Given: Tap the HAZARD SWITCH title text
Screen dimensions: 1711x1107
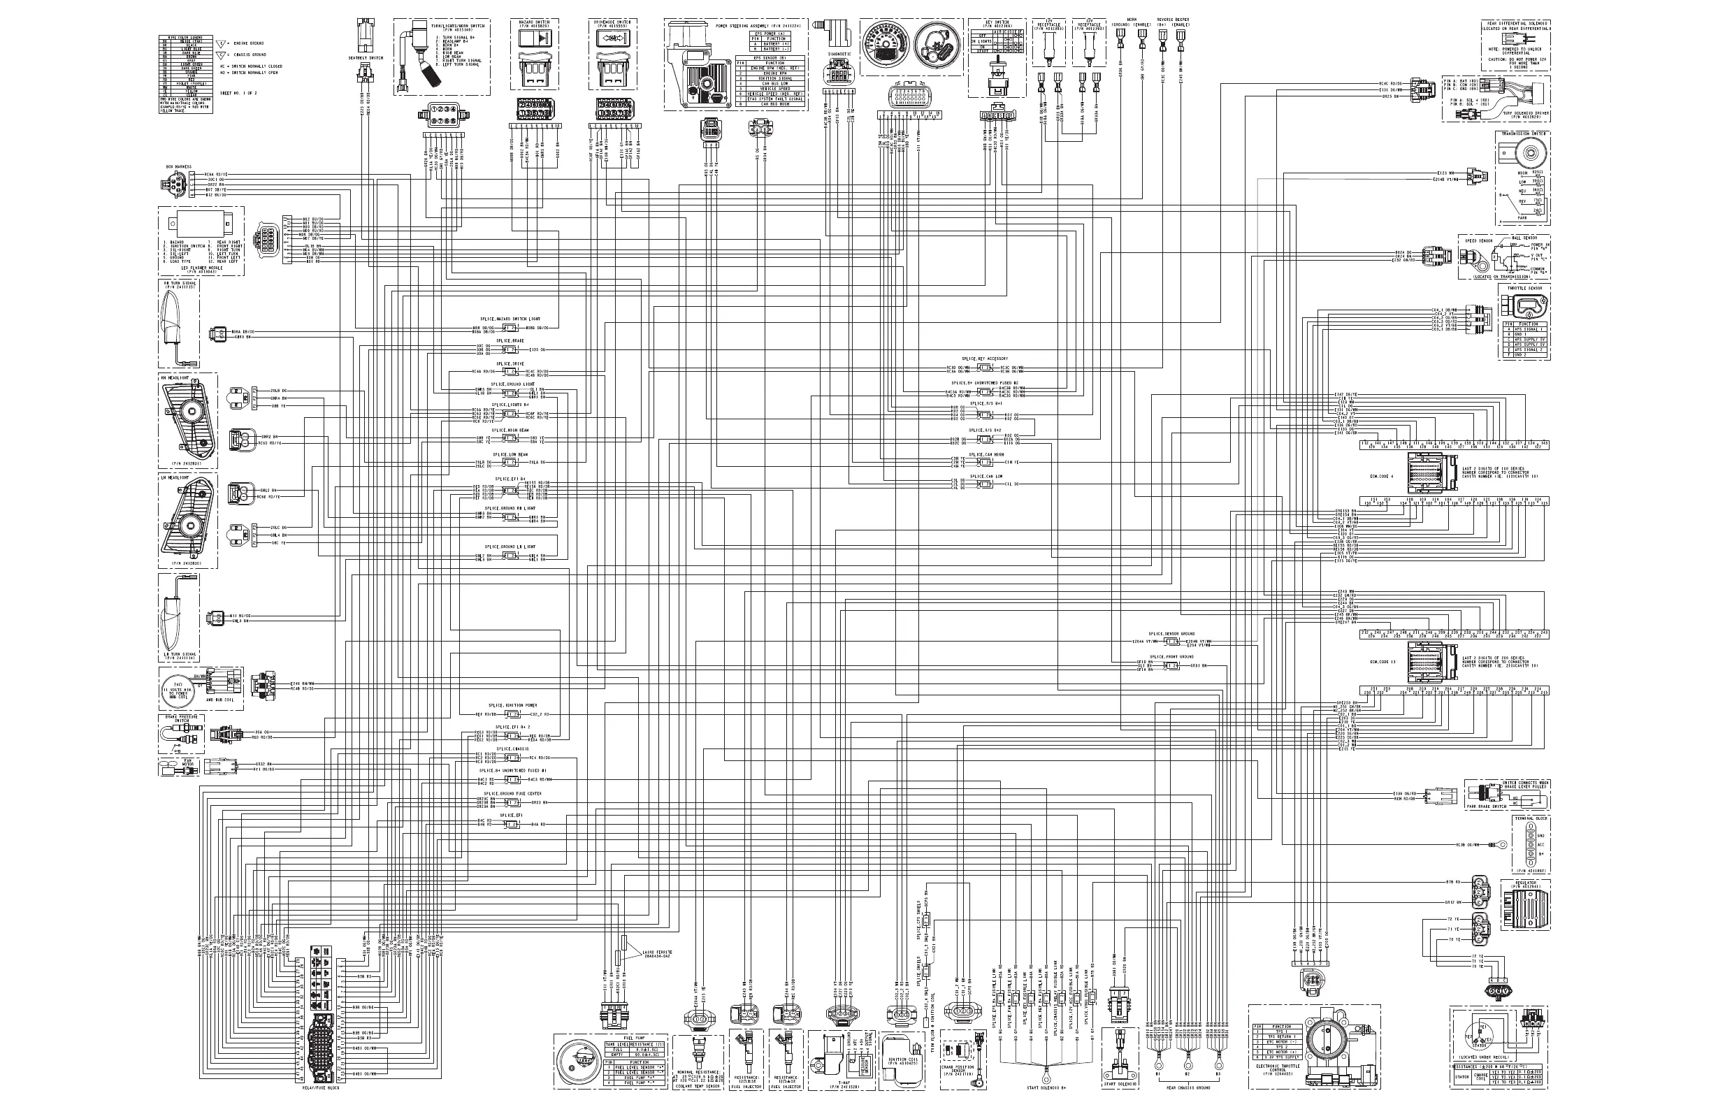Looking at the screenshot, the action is pos(533,22).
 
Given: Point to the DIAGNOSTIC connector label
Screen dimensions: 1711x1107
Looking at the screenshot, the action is pos(839,54).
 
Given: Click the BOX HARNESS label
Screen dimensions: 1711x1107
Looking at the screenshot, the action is pos(178,167).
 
